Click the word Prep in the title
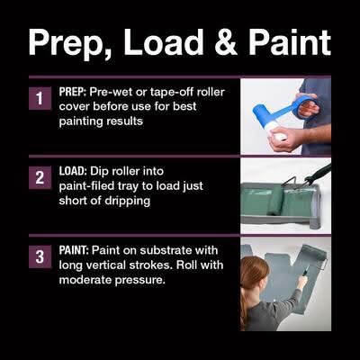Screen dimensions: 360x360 coord(71,42)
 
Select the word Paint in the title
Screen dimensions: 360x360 coord(290,42)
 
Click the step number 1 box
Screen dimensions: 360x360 coord(40,98)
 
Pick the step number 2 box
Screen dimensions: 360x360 coord(40,177)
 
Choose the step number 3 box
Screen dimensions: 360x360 coord(40,256)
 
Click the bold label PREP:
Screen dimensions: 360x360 coord(73,92)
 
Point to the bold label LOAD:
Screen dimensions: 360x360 coord(73,171)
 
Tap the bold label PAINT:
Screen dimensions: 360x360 coord(74,250)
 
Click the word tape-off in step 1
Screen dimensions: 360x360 coord(171,93)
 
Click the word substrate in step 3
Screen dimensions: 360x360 coord(166,250)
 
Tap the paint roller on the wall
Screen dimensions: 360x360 coord(313,254)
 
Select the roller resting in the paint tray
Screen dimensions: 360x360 coord(275,201)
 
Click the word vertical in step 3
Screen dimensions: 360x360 coord(107,265)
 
